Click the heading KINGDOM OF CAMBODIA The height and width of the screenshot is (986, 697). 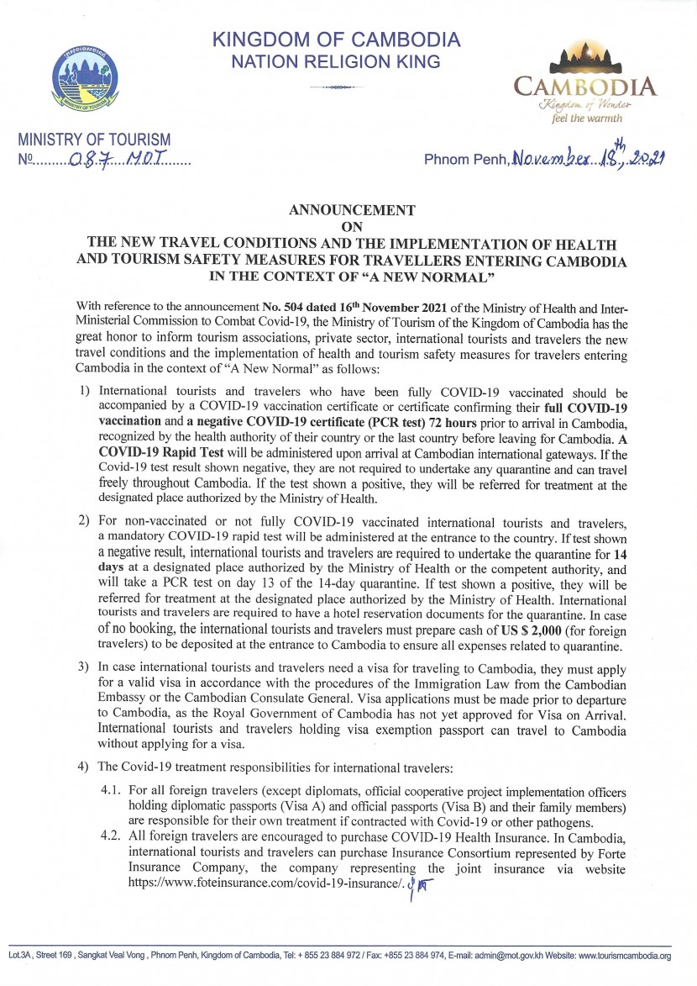pyautogui.click(x=336, y=40)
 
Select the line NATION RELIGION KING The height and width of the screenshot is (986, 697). pyautogui.click(x=336, y=61)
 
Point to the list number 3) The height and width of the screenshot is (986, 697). pyautogui.click(x=83, y=667)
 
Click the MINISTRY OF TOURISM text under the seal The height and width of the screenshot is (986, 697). pyautogui.click(x=94, y=139)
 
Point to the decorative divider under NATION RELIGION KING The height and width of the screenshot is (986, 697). pyautogui.click(x=336, y=86)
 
